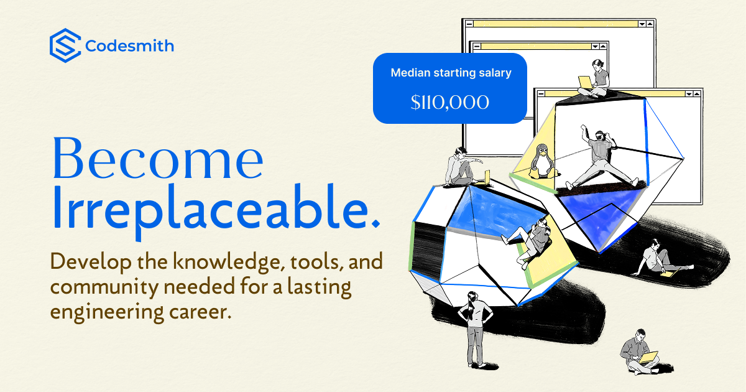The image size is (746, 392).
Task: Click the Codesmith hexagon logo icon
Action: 65,45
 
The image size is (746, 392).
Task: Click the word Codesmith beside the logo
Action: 129,46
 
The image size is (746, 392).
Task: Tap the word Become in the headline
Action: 157,159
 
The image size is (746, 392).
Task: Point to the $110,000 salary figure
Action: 449,102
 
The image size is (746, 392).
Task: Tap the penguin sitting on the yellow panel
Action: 541,161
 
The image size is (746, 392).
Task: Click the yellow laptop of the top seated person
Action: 585,82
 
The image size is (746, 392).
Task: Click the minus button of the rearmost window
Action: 469,24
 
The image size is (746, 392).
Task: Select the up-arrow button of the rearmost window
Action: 649,24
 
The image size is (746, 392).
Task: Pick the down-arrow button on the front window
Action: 688,93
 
